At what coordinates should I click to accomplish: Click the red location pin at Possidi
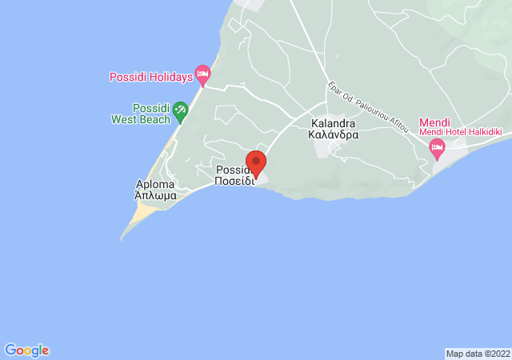click(256, 160)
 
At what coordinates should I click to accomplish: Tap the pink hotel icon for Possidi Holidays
click(203, 77)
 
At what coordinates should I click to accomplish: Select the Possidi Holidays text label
click(151, 77)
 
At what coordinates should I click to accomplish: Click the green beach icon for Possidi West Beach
click(181, 112)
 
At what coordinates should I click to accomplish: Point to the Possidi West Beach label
click(141, 114)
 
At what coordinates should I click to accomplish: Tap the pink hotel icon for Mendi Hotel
click(437, 146)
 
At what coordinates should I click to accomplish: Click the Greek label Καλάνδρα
click(333, 135)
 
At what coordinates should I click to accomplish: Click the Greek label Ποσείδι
click(234, 181)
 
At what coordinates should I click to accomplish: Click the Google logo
click(26, 350)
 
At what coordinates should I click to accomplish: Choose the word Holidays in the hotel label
click(172, 77)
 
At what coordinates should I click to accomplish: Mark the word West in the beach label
click(130, 119)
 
